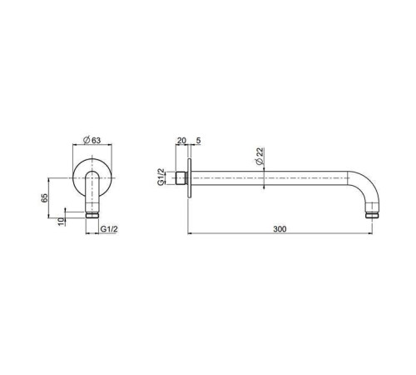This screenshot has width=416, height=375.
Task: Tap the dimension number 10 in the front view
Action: (60, 220)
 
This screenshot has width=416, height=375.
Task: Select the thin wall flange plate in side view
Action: (191, 177)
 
